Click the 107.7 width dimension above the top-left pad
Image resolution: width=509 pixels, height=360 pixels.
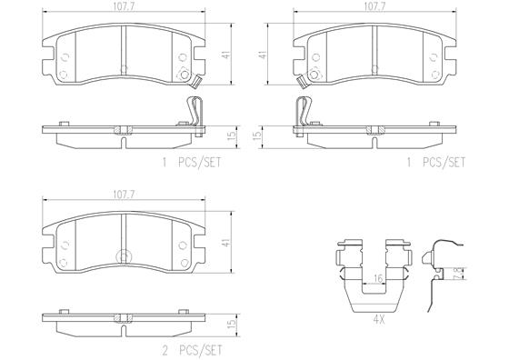[124, 7]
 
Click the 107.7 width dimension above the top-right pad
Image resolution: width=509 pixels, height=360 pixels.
[374, 7]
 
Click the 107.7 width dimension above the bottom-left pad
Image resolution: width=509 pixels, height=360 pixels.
[124, 195]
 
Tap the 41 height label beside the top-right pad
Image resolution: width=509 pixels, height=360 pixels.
[264, 54]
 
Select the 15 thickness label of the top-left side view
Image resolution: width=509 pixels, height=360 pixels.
[231, 136]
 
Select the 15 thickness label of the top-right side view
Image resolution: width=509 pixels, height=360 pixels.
[256, 136]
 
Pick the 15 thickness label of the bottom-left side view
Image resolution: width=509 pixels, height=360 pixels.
[231, 324]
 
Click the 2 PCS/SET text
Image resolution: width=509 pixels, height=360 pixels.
[192, 350]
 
